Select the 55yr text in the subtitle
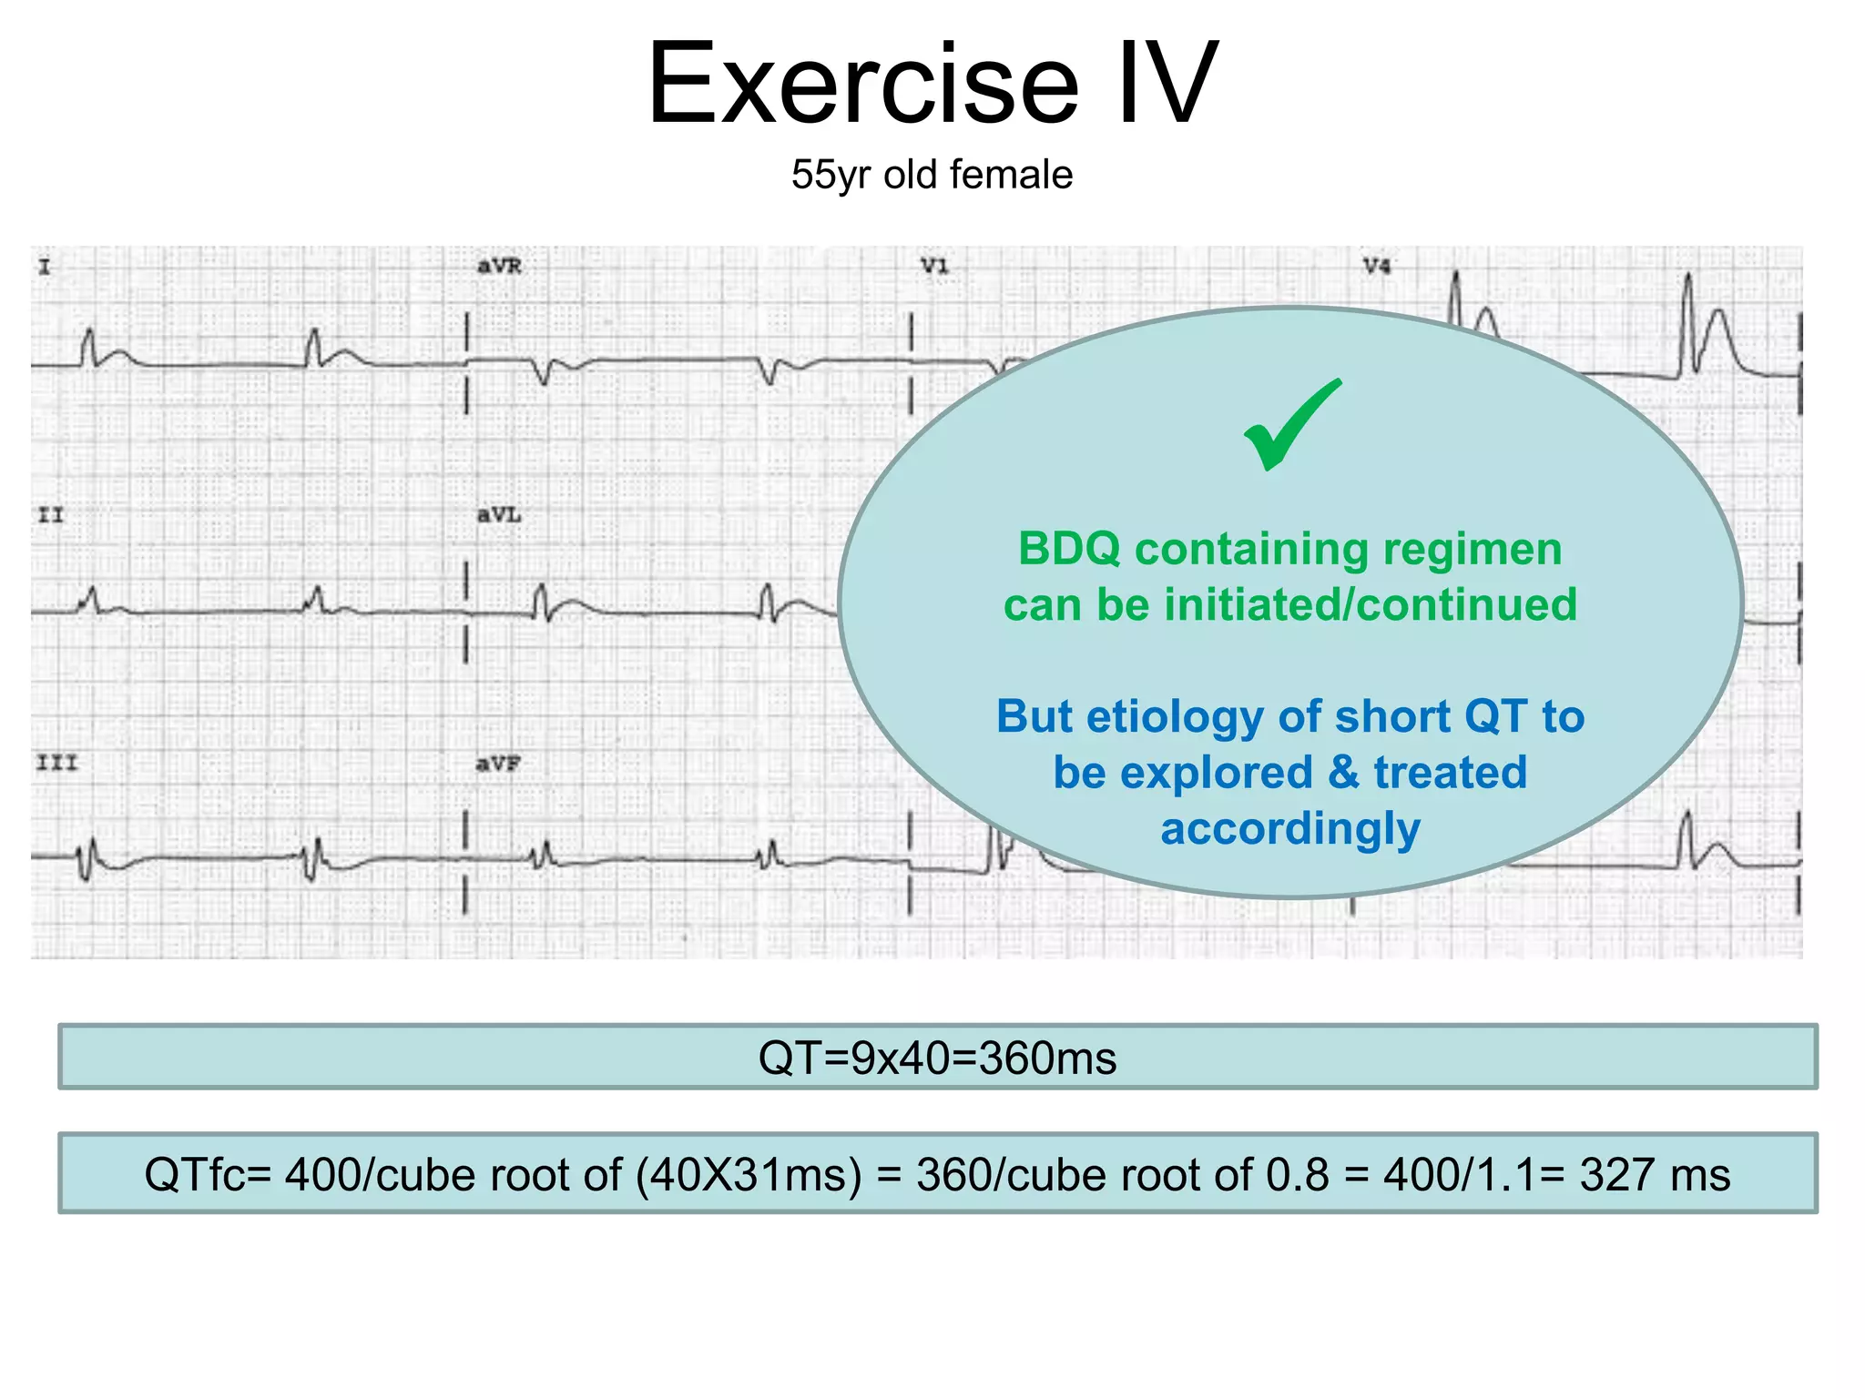pos(831,175)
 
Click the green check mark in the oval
pos(1291,425)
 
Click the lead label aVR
pos(499,267)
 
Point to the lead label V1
pos(934,267)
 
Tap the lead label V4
pos(1376,267)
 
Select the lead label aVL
pos(499,515)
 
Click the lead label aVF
pos(497,765)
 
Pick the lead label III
pos(56,763)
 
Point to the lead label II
pos(51,515)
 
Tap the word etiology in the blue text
pos(1175,717)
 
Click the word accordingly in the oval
pos(1289,829)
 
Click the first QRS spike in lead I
pos(88,346)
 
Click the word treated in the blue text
pos(1450,773)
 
